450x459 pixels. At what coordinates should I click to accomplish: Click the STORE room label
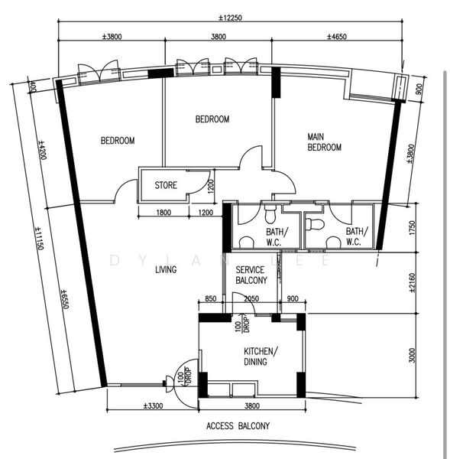(x=166, y=185)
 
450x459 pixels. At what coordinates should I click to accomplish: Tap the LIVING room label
(x=166, y=269)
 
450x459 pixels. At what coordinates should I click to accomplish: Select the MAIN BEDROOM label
(x=324, y=142)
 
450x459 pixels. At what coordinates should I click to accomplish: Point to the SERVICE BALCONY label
(x=251, y=275)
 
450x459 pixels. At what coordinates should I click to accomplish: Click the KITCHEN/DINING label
(x=261, y=356)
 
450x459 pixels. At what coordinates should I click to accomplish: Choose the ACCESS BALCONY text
(x=238, y=425)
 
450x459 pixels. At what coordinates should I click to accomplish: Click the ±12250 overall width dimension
(x=230, y=18)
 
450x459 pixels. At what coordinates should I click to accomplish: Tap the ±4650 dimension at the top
(x=337, y=37)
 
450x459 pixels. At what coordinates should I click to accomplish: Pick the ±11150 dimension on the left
(x=40, y=238)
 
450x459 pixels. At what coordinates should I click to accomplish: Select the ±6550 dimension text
(x=65, y=299)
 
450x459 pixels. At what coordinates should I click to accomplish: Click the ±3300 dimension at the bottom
(x=154, y=406)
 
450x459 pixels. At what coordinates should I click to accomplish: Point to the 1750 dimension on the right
(x=412, y=228)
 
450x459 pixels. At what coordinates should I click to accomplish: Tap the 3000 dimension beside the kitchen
(x=412, y=355)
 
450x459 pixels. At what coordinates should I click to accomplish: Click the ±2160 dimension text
(x=412, y=283)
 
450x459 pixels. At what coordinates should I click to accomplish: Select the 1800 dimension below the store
(x=163, y=212)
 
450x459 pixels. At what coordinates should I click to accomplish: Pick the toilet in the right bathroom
(x=314, y=224)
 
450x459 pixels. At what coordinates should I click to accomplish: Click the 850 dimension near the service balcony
(x=211, y=298)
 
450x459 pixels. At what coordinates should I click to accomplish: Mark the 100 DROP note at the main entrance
(x=185, y=376)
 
